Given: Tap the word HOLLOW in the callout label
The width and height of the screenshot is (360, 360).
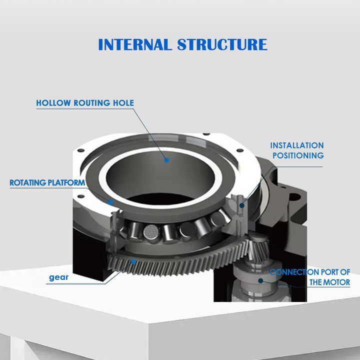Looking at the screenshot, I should coord(53,103).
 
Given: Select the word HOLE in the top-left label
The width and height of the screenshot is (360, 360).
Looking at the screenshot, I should coord(122,103).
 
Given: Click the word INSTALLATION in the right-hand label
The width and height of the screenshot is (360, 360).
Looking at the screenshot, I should coord(296,145).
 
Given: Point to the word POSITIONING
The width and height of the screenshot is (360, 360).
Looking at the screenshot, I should coord(297,155).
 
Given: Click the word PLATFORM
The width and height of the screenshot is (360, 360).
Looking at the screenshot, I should coord(66,183).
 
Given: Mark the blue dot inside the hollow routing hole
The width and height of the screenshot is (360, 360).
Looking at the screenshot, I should coord(166,160).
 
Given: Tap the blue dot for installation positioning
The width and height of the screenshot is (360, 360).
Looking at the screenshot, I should coord(242,204).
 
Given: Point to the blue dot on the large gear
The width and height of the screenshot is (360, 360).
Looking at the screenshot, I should coord(133,261).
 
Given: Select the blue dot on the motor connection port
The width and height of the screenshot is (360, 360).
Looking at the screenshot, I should coord(260,281).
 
